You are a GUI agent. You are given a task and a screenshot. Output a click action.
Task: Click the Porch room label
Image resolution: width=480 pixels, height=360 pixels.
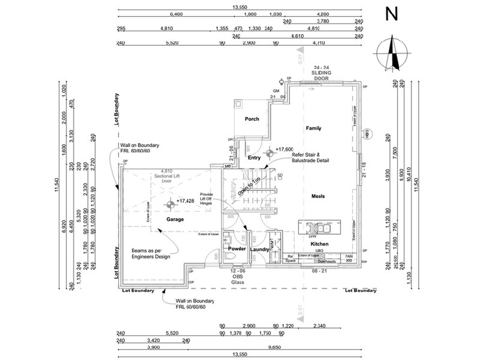point(252,119)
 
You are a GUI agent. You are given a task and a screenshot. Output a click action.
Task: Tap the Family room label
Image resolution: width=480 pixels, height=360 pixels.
point(313,128)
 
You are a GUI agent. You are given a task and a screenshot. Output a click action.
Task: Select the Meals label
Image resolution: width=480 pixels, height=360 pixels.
point(318,196)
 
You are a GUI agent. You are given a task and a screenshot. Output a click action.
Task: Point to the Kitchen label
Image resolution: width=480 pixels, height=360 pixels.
point(319,244)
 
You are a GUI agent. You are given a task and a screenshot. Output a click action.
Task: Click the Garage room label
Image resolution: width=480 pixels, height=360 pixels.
point(175,219)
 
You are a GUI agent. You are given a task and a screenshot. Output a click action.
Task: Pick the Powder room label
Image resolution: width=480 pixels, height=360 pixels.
point(237,249)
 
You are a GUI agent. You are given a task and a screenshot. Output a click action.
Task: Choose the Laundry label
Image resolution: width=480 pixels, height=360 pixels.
point(260,249)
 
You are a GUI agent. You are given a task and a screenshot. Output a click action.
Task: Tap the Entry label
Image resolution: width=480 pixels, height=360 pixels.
point(254,158)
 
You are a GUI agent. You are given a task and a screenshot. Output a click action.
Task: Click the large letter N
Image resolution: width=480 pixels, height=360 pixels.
point(392,14)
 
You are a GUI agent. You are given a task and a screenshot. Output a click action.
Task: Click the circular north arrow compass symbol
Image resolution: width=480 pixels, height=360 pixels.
point(392,53)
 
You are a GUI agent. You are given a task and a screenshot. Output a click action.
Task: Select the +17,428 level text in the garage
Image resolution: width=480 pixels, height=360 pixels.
point(185,201)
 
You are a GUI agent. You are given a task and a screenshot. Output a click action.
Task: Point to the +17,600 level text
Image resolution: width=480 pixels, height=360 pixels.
point(284,149)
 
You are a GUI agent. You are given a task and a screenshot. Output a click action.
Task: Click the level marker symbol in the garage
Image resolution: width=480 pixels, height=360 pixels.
point(169,205)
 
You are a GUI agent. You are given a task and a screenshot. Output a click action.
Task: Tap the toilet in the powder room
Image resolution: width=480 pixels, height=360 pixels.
point(229,256)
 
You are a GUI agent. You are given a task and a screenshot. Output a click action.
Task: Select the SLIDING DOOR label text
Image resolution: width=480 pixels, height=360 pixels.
point(321,75)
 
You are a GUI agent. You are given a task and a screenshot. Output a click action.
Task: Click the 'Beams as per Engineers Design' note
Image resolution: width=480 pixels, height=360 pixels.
point(151,254)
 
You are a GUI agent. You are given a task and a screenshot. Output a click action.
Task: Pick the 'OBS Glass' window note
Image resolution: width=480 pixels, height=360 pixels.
point(238,279)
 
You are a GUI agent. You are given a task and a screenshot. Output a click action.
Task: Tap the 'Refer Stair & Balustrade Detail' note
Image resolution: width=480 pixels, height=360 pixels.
point(310,157)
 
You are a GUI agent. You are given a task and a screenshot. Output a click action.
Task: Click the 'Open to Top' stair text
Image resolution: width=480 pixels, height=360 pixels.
point(249,186)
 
